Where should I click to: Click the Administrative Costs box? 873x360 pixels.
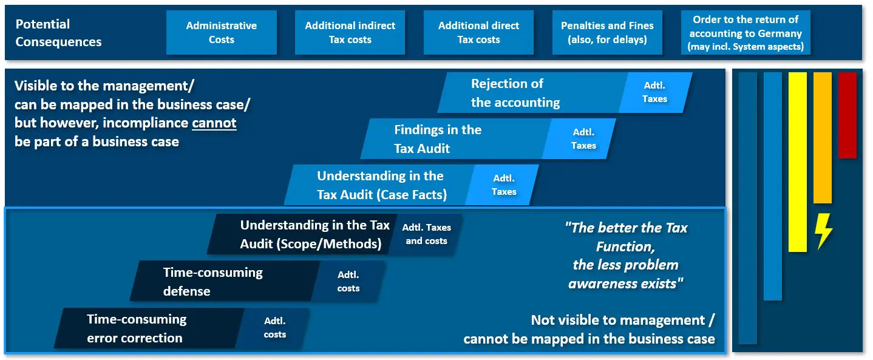pyautogui.click(x=222, y=32)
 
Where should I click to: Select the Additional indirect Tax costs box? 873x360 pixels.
pyautogui.click(x=350, y=32)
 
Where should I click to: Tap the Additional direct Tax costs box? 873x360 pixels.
pyautogui.click(x=478, y=32)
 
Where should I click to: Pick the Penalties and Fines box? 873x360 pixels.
pyautogui.click(x=607, y=32)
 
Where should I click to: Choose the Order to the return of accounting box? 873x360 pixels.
pyautogui.click(x=746, y=32)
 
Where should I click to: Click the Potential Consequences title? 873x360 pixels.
pyautogui.click(x=58, y=33)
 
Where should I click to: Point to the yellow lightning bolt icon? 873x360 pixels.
pyautogui.click(x=823, y=231)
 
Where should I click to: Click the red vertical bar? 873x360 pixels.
pyautogui.click(x=848, y=115)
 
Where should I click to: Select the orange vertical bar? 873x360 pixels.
pyautogui.click(x=823, y=138)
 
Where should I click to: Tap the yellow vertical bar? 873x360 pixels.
pyautogui.click(x=797, y=162)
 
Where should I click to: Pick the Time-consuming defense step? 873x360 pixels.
pyautogui.click(x=225, y=281)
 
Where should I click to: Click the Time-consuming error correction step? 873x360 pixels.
pyautogui.click(x=149, y=328)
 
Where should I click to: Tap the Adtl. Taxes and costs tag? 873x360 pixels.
pyautogui.click(x=426, y=234)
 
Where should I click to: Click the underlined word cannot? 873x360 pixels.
pyautogui.click(x=214, y=123)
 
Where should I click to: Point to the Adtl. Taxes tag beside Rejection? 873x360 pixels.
pyautogui.click(x=655, y=92)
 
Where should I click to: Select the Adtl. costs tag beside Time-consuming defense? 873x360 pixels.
pyautogui.click(x=348, y=281)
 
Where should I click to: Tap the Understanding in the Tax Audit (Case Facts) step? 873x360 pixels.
pyautogui.click(x=380, y=185)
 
